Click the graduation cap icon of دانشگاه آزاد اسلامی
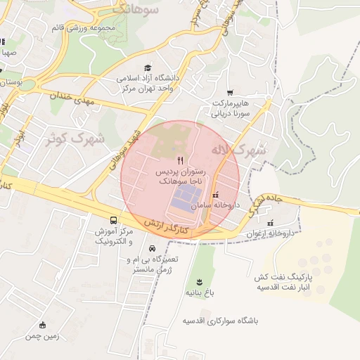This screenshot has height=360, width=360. (148, 68)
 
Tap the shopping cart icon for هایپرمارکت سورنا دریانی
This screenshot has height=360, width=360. (230, 93)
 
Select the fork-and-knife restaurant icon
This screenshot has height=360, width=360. (181, 161)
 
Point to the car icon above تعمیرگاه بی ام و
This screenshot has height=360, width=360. (153, 248)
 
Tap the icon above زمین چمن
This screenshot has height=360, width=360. (43, 325)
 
